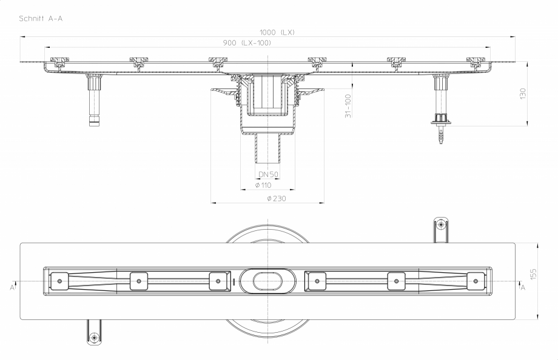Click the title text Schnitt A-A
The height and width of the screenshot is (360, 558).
[41, 18]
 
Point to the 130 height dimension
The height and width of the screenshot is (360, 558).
[523, 93]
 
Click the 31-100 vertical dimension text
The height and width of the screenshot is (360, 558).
[348, 105]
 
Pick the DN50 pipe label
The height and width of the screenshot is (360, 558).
[268, 175]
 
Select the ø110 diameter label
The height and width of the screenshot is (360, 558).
[263, 185]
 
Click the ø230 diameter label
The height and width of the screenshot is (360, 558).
[276, 198]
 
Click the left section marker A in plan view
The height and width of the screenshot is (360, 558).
[12, 288]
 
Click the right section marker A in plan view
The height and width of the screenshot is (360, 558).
[523, 288]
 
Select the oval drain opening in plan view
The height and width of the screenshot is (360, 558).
[267, 281]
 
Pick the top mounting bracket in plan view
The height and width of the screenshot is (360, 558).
[442, 230]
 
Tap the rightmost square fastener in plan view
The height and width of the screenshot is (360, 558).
[476, 281]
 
